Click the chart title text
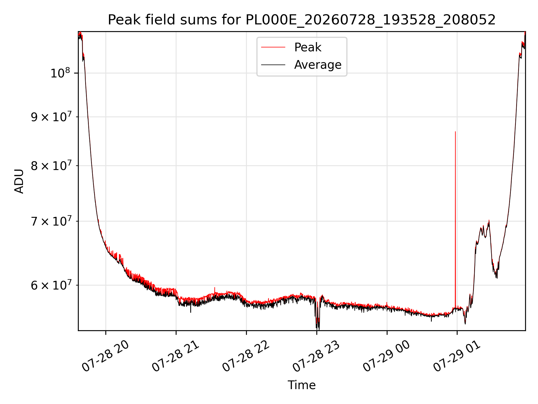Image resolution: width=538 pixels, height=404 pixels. pos(302,20)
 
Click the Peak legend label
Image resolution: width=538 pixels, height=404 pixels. pos(308,47)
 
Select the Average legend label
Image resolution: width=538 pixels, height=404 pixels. pos(318,65)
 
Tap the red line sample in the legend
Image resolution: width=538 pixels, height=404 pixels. pos(273,47)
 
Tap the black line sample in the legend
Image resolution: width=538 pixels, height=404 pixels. pos(273,65)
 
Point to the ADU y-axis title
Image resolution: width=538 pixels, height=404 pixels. pos(19,181)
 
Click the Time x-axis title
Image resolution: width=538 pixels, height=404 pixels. pos(302,385)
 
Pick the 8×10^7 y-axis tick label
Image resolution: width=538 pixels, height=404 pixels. pos(51,166)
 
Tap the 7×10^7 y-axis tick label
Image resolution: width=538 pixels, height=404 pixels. pos(51,221)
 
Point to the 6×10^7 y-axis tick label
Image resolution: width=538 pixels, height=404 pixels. pos(51,285)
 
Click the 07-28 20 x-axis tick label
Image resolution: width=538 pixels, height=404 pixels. pos(106,356)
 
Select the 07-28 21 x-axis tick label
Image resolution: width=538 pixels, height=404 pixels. pos(176,356)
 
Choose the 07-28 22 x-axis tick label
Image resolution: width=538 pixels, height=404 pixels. pos(246,356)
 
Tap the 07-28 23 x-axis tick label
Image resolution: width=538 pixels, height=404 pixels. pos(317,356)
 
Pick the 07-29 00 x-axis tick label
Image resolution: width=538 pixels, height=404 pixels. pos(387,356)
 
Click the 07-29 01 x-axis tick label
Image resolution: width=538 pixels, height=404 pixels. pos(457,356)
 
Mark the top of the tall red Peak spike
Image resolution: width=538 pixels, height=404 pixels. pos(455,132)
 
